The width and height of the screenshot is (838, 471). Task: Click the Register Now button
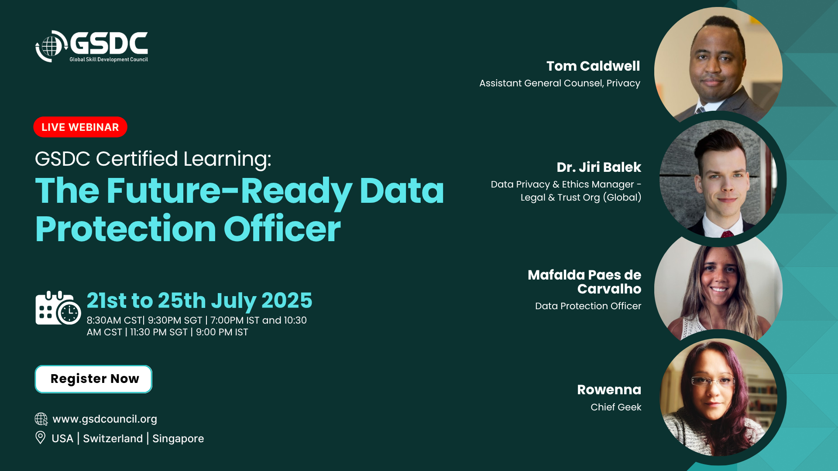point(93,379)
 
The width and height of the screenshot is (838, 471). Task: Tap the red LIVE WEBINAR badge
point(80,127)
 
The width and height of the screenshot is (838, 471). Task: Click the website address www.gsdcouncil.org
point(105,419)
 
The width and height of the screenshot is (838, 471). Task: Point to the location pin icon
point(40,437)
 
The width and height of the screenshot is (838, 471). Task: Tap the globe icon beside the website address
point(41,419)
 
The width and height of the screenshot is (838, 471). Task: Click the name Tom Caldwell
point(593,66)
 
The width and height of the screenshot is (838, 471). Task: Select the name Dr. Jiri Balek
point(599,167)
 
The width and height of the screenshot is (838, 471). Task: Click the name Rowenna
point(609,389)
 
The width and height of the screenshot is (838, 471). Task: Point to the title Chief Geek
point(616,407)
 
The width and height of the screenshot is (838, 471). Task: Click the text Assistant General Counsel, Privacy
point(560,83)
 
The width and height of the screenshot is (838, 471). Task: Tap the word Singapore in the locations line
point(178,438)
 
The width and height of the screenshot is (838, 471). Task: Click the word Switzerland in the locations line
point(113,438)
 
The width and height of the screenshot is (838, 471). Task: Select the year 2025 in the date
point(287,300)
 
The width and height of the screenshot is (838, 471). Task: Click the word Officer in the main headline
point(282,229)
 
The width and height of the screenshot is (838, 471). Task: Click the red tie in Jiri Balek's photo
point(727,234)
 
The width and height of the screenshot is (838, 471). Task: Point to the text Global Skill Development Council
point(109,59)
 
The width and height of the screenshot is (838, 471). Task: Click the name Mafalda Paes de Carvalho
point(584,282)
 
